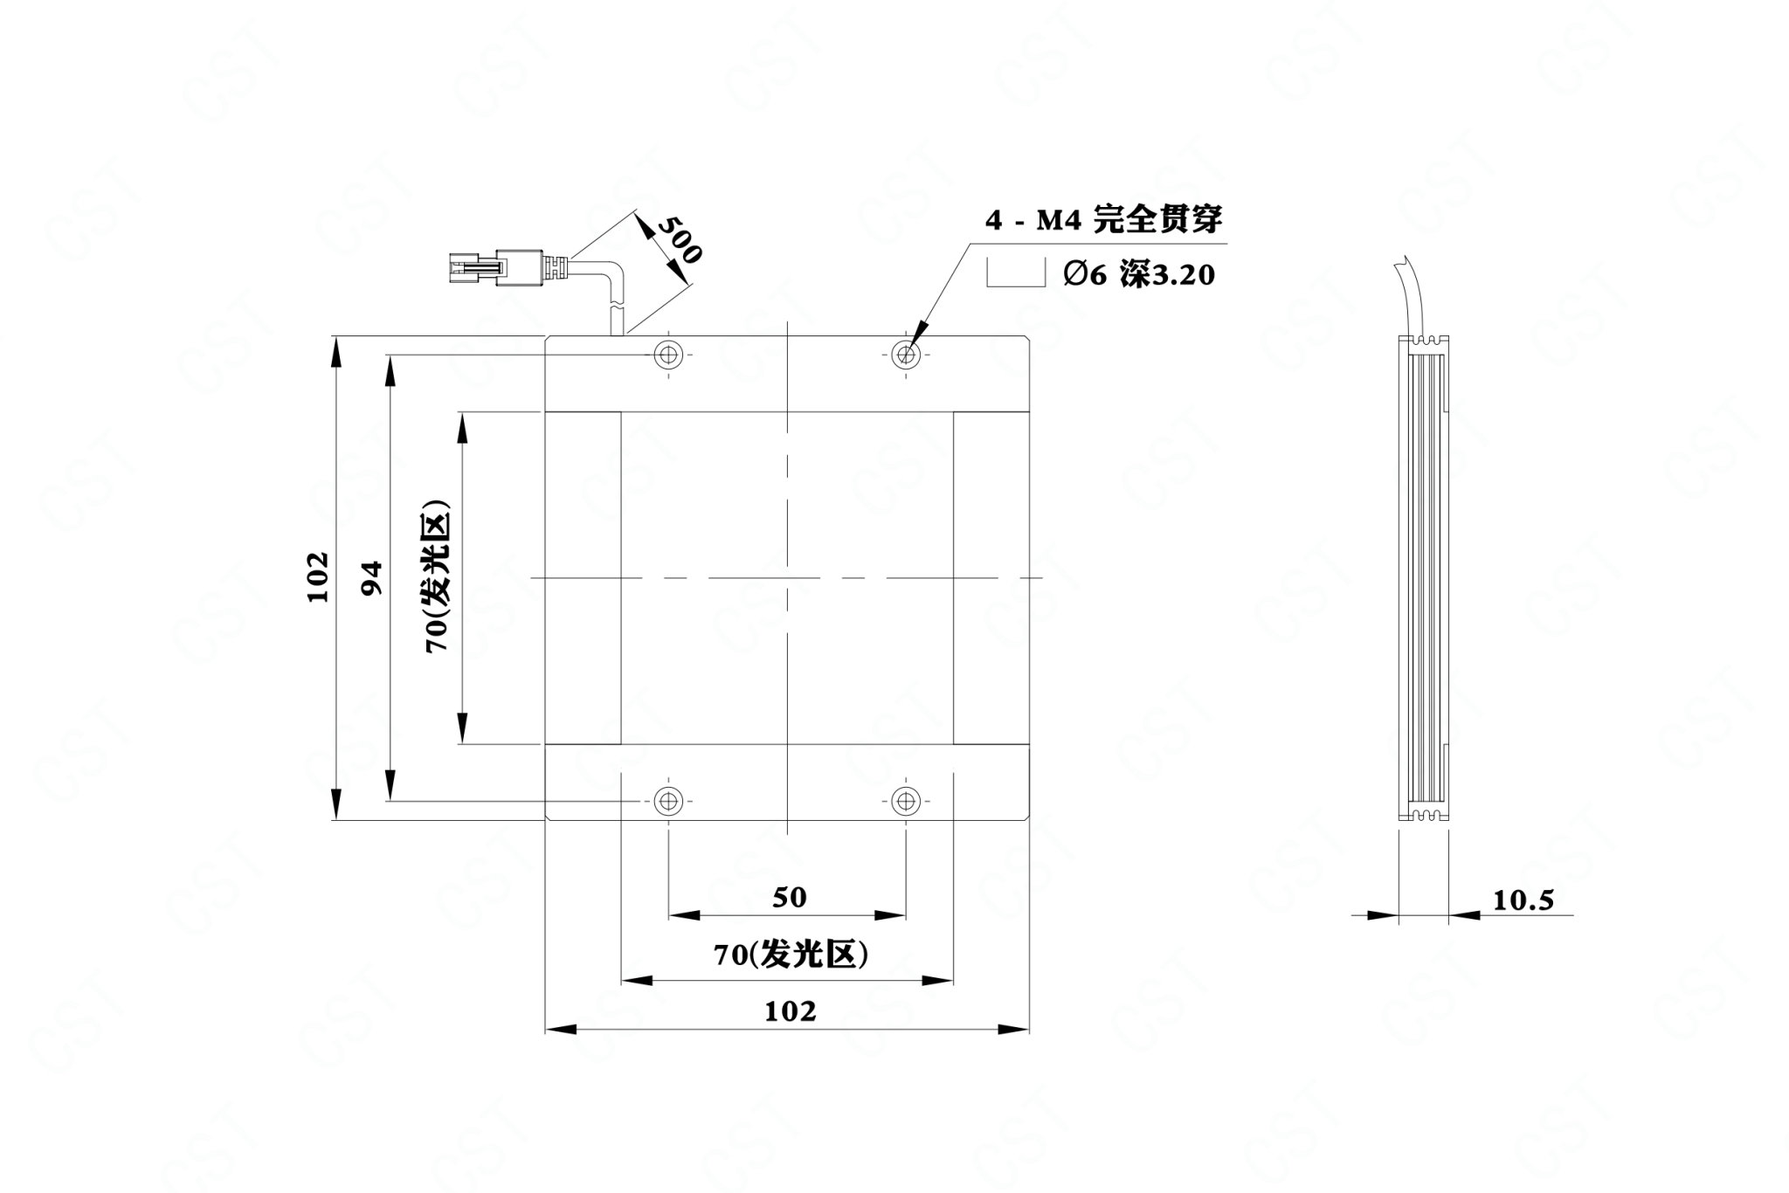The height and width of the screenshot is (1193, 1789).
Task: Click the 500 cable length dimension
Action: [679, 239]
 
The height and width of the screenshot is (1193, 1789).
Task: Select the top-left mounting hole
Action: [668, 355]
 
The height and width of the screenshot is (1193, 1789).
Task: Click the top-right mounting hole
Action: [906, 355]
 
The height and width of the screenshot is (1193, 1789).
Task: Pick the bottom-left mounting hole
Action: [668, 799]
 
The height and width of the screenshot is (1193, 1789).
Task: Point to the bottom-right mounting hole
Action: [906, 799]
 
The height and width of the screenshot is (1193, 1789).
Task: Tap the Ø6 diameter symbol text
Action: [1086, 275]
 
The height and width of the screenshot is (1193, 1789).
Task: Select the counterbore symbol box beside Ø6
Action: [1016, 273]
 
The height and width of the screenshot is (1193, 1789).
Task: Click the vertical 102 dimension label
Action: [318, 576]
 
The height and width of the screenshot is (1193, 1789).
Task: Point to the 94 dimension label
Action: [372, 577]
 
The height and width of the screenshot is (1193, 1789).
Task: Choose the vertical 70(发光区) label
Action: [437, 576]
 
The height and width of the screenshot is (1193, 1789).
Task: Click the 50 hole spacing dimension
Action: [790, 897]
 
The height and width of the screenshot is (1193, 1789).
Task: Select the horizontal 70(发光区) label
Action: [791, 955]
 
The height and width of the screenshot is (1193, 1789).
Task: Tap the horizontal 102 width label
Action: [791, 1010]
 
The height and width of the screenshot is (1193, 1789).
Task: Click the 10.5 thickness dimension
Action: [1523, 900]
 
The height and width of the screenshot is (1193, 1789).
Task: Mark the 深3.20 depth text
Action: [1168, 275]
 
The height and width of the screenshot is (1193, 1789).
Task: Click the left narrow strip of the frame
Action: [584, 577]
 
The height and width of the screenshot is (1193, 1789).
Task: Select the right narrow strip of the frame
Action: [991, 577]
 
